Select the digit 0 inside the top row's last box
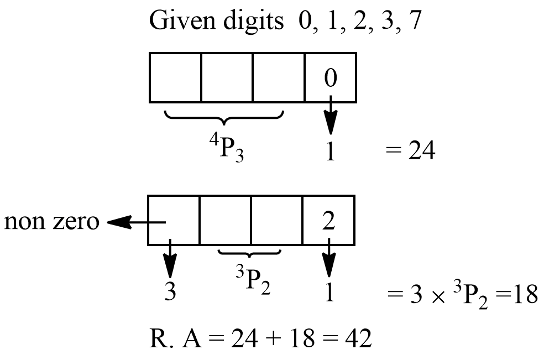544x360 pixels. click(329, 79)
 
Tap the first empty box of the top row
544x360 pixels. click(175, 77)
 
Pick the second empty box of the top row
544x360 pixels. click(227, 77)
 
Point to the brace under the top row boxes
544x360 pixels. click(223, 117)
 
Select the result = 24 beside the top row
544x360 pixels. click(409, 151)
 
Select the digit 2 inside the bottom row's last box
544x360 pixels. click(328, 221)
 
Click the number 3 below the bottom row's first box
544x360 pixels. click(170, 291)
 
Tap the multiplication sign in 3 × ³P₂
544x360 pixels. click(438, 295)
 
